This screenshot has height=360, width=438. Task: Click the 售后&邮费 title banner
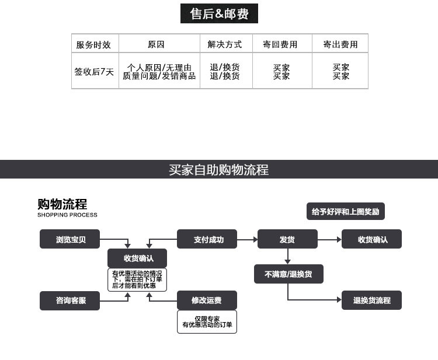tap(219, 13)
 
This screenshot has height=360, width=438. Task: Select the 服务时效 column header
tap(93, 45)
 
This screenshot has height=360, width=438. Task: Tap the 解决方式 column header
tap(225, 44)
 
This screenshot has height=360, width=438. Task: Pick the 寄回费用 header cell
tap(280, 44)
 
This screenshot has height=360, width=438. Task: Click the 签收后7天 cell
tap(94, 72)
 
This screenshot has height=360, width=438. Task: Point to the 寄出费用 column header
tap(340, 44)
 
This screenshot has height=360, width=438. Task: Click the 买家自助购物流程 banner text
tap(219, 170)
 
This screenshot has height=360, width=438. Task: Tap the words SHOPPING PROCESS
tap(67, 215)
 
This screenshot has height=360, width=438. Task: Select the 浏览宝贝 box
tap(70, 239)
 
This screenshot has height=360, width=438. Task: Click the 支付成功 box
tap(207, 239)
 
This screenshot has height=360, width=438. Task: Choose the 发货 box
tap(287, 239)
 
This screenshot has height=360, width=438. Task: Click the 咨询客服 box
tap(70, 300)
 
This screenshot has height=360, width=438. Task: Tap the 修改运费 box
tap(207, 300)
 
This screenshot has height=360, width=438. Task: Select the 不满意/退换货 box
tap(288, 274)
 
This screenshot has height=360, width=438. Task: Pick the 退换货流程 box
tap(371, 300)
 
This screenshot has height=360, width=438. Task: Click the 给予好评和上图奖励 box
tap(346, 211)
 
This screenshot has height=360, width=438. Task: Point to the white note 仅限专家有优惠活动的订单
tap(207, 321)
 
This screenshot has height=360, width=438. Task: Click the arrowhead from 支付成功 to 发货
tap(255, 239)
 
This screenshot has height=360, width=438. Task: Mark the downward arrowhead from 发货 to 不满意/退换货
tap(288, 262)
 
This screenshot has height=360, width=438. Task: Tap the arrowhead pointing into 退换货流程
tap(339, 300)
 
